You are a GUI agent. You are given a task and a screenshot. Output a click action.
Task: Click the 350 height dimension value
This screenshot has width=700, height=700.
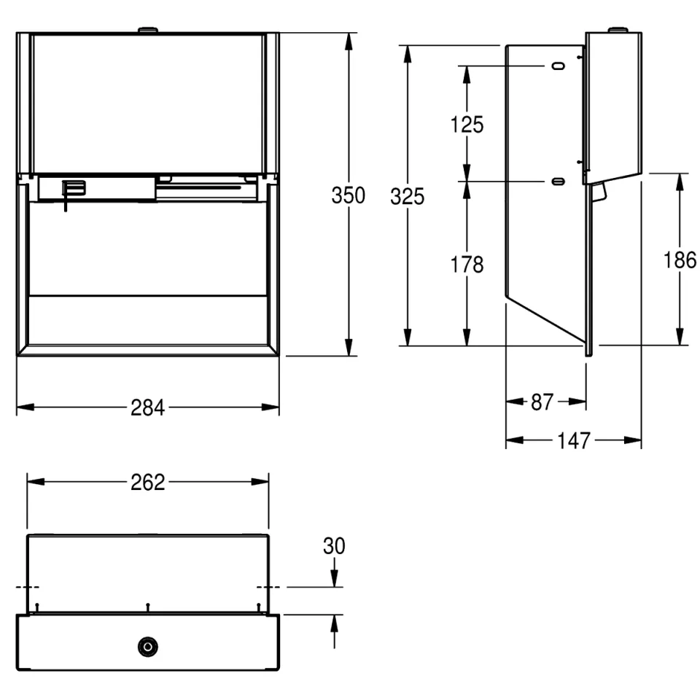349,195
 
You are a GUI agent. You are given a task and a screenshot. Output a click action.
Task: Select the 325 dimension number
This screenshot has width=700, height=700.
407,196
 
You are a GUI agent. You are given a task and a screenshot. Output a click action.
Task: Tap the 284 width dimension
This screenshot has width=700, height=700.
148,408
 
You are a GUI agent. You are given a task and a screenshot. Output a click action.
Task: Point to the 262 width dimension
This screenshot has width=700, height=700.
148,482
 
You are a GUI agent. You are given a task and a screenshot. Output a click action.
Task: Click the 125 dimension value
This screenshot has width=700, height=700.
467,125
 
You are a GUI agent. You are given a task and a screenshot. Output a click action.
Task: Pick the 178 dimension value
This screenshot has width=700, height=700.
467,264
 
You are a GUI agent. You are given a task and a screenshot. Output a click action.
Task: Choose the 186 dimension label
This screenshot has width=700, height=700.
680,260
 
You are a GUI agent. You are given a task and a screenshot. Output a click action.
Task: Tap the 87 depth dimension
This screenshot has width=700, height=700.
542,402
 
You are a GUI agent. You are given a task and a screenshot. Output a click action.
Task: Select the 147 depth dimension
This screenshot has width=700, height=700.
574,440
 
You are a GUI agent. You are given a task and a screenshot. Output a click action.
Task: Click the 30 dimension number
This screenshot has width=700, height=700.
334,546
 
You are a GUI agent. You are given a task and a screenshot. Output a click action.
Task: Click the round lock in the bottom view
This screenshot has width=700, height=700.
148,647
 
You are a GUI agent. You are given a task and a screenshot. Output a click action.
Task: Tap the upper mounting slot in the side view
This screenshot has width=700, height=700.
559,66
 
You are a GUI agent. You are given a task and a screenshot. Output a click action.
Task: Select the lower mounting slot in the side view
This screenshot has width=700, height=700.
559,182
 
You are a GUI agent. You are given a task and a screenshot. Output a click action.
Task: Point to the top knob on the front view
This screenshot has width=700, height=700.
148,30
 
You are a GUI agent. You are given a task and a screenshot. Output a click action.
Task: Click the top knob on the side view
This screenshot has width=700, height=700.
618,30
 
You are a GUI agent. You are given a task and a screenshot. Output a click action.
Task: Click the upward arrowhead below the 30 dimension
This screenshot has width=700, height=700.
335,623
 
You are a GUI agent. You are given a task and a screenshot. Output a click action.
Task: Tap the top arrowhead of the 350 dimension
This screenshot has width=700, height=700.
349,41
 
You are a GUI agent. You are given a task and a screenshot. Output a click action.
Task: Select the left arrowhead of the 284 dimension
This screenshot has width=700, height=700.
26,407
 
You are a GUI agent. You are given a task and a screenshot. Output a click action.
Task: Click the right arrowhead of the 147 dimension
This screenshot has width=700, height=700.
633,440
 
